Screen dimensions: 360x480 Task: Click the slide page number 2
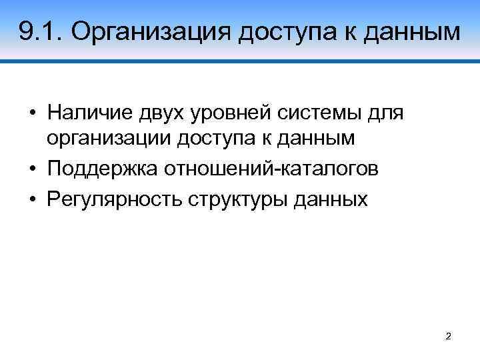point(448,337)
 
